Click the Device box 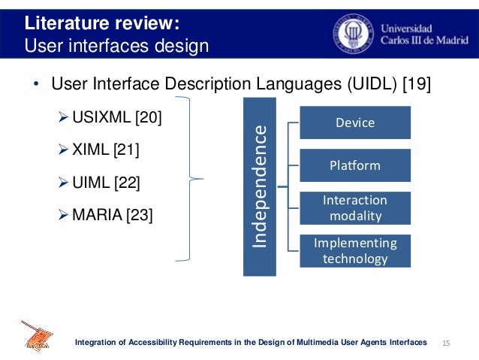pyautogui.click(x=355, y=123)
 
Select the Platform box pyautogui.click(x=355, y=165)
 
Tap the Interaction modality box pyautogui.click(x=355, y=208)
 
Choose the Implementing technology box pyautogui.click(x=355, y=251)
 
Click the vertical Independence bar pyautogui.click(x=260, y=186)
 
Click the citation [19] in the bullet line pyautogui.click(x=417, y=83)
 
